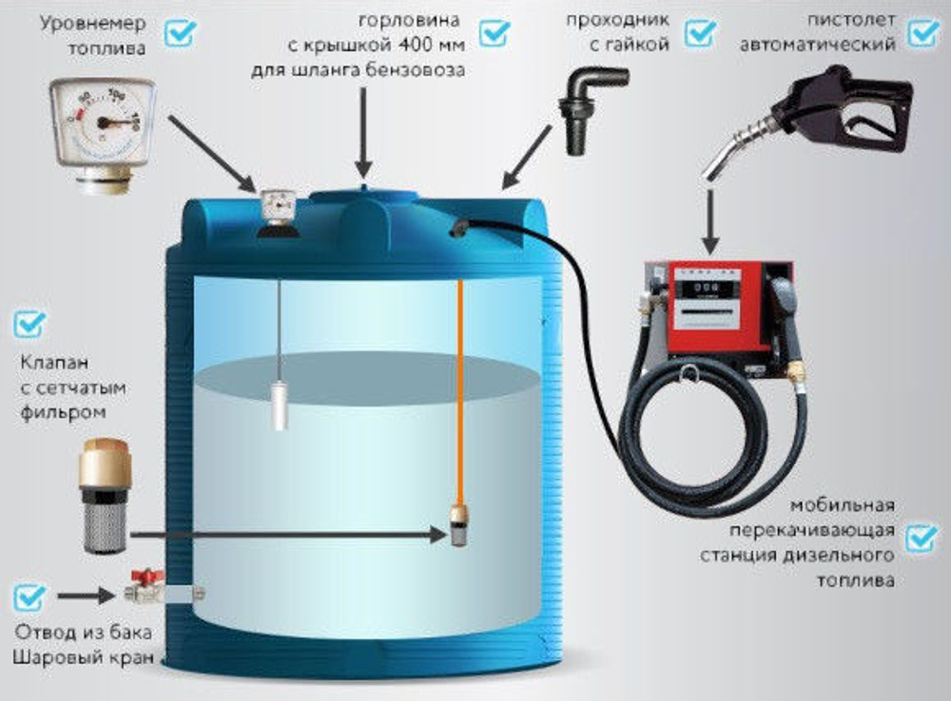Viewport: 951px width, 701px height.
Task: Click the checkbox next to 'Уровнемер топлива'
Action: pos(181,32)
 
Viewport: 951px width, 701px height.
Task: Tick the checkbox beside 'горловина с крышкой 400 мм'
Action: pos(495,32)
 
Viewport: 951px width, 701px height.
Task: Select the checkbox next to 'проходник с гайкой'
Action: pos(700,32)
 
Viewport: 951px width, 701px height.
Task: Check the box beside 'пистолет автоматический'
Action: pos(923,32)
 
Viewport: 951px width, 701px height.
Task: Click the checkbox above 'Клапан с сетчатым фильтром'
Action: pos(29,324)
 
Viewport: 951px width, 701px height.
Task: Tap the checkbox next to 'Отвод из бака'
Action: pos(29,597)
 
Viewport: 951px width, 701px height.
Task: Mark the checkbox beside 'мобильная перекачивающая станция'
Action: pos(922,539)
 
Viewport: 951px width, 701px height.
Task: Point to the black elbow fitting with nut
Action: pos(592,108)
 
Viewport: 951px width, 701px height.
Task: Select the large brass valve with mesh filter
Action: pos(105,496)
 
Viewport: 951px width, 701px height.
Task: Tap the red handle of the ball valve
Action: pos(148,575)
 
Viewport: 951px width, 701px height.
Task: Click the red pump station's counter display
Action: pos(708,287)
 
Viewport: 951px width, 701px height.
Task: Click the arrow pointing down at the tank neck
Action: pos(363,132)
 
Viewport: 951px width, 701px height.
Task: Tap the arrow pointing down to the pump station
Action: pos(710,221)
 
